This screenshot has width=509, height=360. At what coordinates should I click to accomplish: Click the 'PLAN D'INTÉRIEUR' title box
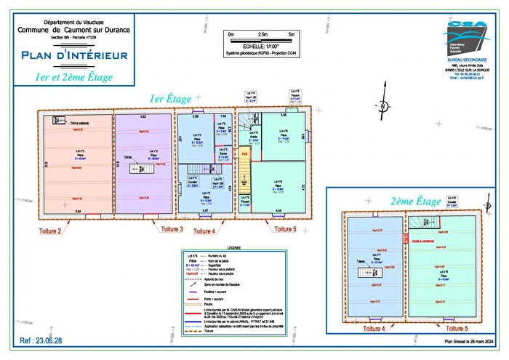(75, 55)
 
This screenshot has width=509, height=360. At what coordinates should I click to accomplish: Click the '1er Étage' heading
(171, 99)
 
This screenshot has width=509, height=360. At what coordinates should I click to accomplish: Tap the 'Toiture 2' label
(49, 230)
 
